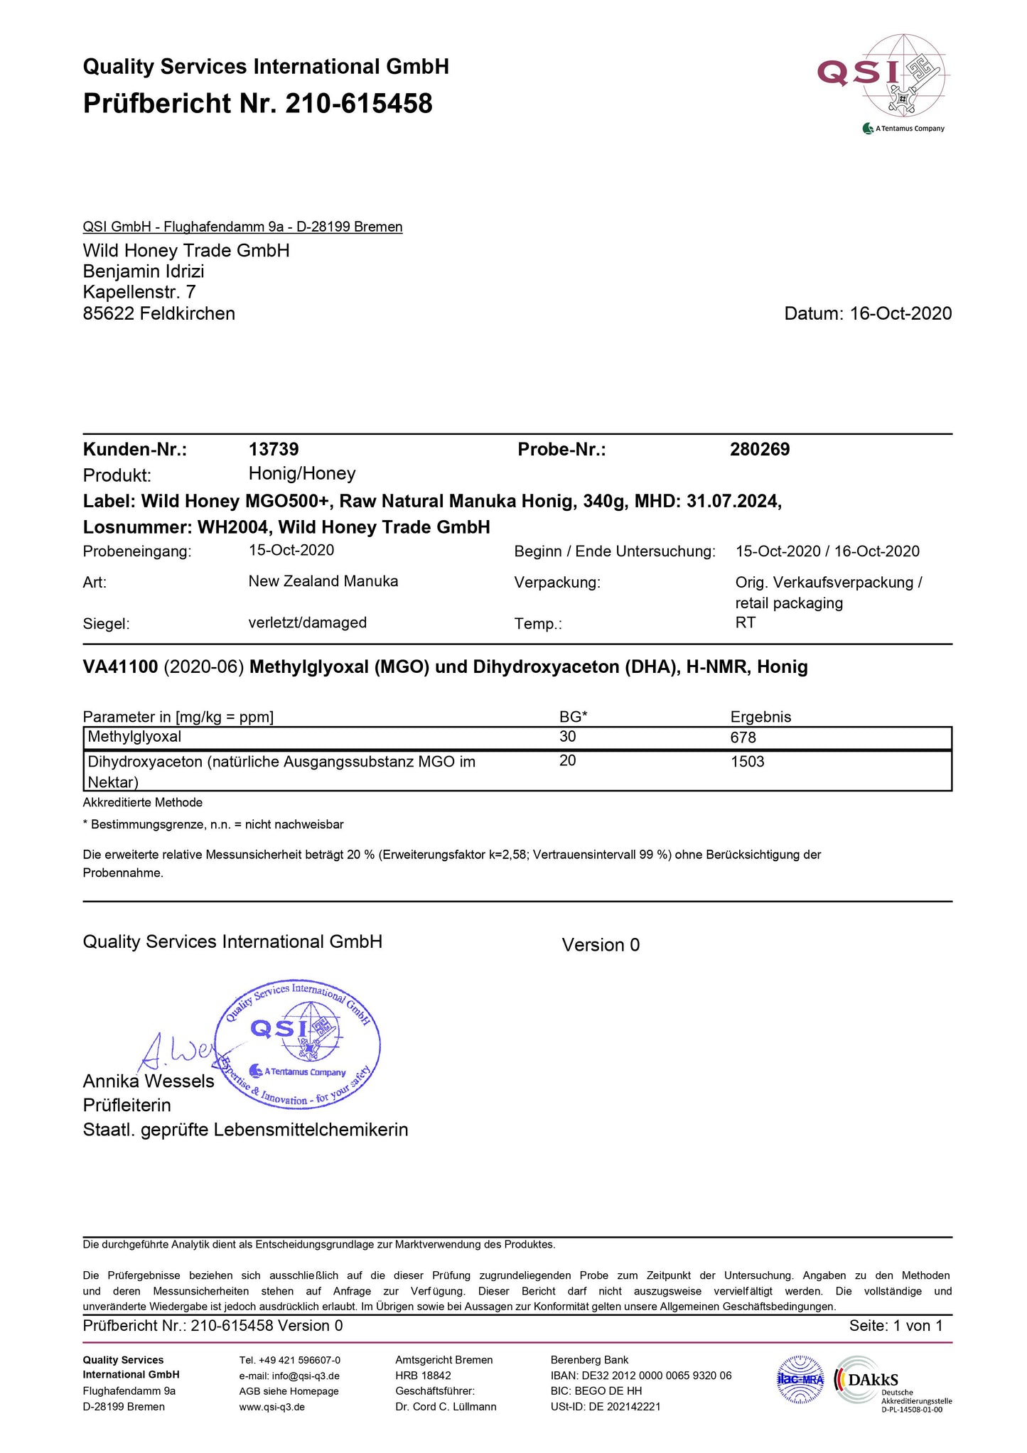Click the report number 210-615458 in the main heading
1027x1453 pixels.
point(358,104)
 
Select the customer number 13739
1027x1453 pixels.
point(274,450)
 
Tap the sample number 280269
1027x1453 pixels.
point(760,450)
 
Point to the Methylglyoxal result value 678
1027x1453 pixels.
point(743,738)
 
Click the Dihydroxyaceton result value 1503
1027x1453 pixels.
point(747,762)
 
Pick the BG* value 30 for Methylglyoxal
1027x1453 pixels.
point(567,737)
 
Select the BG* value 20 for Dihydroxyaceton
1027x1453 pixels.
point(567,761)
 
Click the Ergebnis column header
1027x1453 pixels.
point(760,717)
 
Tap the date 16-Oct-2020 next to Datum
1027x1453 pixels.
point(900,314)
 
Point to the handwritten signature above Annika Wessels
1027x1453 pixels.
point(174,1052)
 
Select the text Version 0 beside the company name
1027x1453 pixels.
point(601,945)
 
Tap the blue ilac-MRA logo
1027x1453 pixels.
point(800,1380)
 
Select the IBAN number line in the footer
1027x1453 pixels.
point(640,1376)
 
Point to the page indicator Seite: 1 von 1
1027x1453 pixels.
point(896,1326)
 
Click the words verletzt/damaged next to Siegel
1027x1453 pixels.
point(307,623)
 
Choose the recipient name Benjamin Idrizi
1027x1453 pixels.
point(144,271)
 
